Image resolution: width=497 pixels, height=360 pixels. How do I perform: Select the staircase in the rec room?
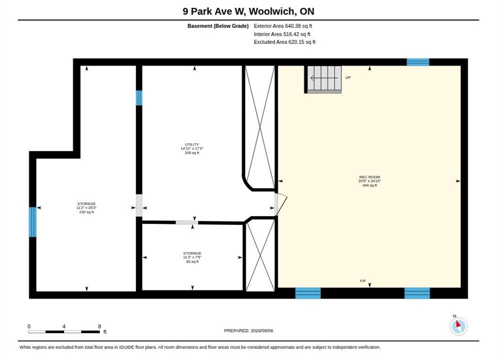point(324,79)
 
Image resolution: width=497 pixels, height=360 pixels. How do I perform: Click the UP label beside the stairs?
point(348,77)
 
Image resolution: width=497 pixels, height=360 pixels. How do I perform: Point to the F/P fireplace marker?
point(363,281)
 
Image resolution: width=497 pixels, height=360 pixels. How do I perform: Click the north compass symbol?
point(458,326)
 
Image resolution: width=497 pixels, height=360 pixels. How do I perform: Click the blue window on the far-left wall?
point(32,222)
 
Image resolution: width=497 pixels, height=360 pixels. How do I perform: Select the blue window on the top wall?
point(418,62)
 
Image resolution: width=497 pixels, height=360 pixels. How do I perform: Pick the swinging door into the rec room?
point(280,204)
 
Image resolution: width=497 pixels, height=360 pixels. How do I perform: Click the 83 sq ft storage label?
point(192,257)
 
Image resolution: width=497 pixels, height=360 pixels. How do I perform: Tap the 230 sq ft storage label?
point(86,208)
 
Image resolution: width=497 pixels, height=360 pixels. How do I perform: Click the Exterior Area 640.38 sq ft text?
point(282,26)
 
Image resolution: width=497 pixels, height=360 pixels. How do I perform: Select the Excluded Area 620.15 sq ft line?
point(284,42)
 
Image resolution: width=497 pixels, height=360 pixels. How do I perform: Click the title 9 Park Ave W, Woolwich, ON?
point(248,11)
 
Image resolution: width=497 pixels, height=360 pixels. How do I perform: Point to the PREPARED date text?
point(248,330)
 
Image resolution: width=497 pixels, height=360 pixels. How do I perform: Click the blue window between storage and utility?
point(139,98)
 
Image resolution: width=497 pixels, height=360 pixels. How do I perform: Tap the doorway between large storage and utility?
point(139,205)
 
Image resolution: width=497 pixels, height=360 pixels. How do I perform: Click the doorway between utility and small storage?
point(187,222)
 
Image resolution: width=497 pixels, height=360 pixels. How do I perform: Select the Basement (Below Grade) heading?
point(218,26)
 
